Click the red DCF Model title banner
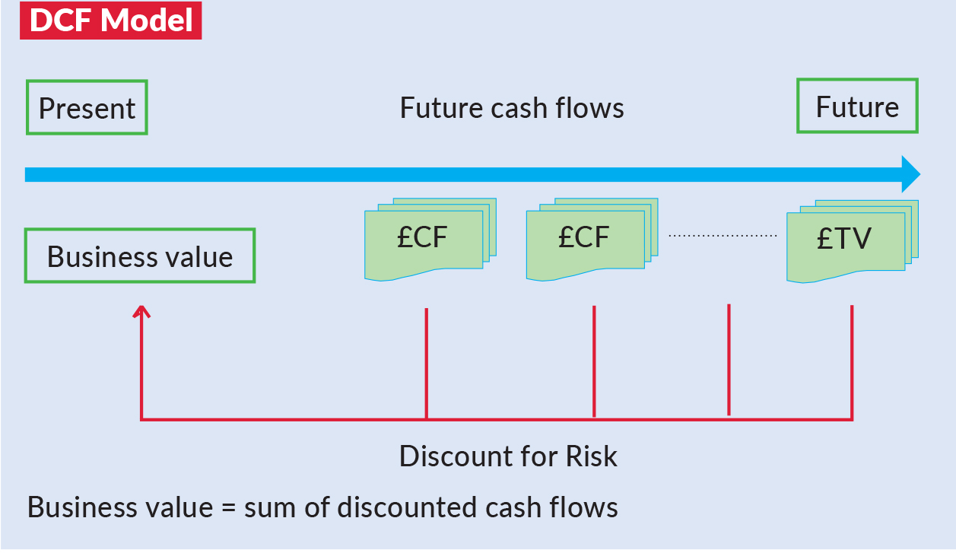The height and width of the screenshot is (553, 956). [x=111, y=20]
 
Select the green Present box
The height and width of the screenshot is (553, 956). [x=87, y=107]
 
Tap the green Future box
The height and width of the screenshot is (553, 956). [x=857, y=106]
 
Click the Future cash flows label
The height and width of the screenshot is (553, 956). [x=512, y=108]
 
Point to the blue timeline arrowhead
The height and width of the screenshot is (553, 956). [x=910, y=175]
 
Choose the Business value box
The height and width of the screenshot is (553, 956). [x=140, y=256]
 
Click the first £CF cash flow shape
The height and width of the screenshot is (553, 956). [x=424, y=240]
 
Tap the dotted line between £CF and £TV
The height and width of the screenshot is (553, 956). [x=723, y=236]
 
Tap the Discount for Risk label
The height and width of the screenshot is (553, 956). [x=508, y=456]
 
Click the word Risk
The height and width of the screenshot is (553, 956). [x=592, y=456]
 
